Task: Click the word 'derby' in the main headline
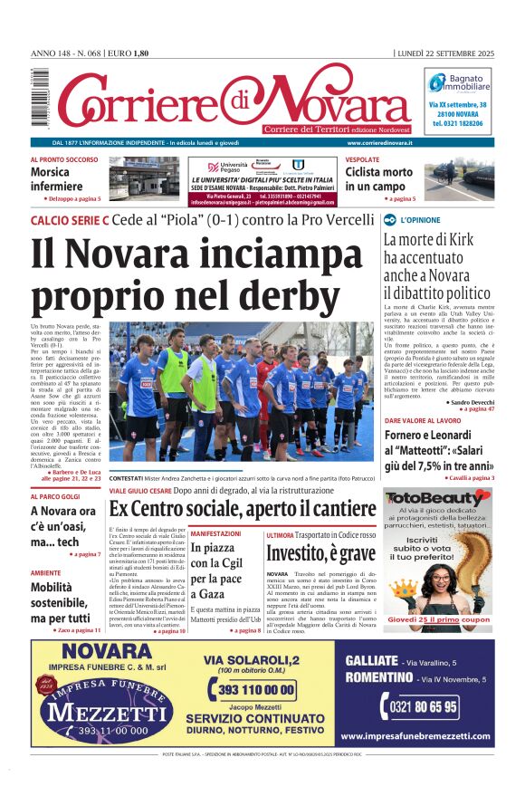point(307,293)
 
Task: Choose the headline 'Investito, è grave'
point(320,552)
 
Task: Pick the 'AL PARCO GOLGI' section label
point(56,496)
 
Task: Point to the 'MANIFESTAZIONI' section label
point(215,534)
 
